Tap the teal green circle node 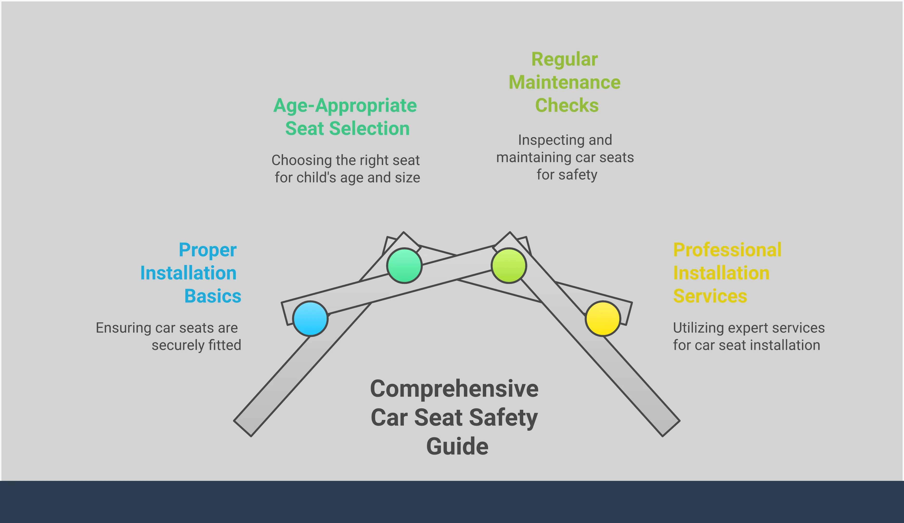[404, 266]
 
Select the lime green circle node [509, 266]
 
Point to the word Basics [213, 296]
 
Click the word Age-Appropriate [345, 106]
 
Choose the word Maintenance [565, 83]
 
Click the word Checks [567, 105]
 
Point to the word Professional [727, 250]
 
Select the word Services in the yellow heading [710, 296]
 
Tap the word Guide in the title [457, 446]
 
